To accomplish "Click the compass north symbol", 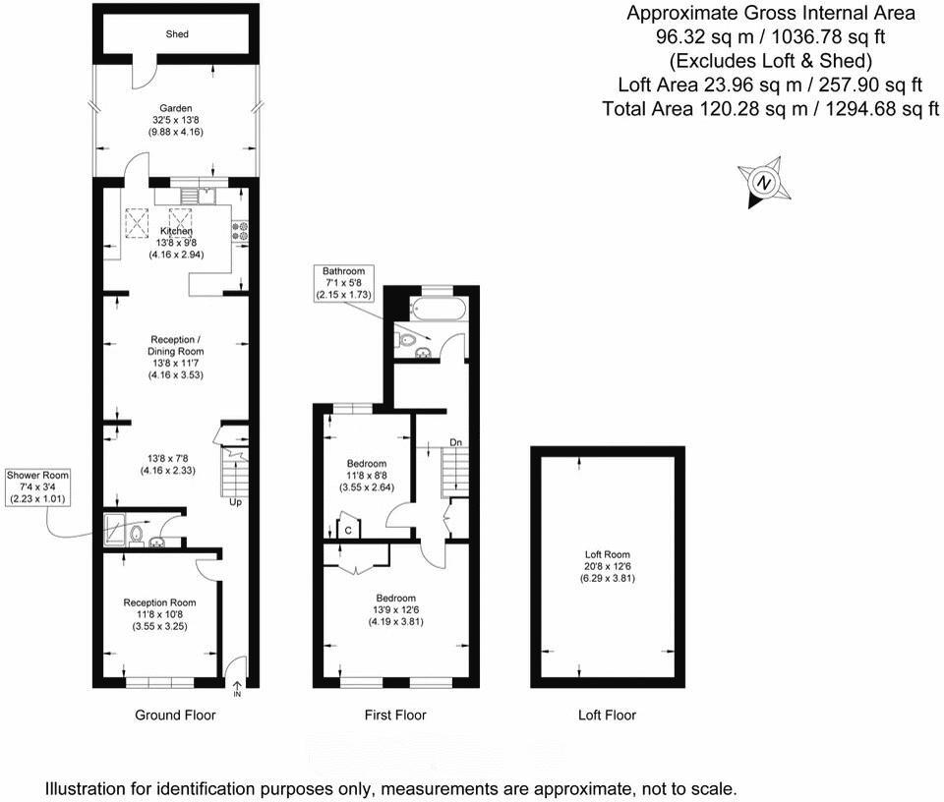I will click(x=763, y=183).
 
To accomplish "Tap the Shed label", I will click(x=176, y=34).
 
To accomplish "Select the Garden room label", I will click(x=176, y=108).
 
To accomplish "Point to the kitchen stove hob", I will click(x=238, y=231).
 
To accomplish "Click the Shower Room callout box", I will click(x=34, y=486).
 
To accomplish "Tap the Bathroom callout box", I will click(x=341, y=283).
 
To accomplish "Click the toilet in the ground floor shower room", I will click(x=138, y=536).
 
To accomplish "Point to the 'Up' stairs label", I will click(x=236, y=503).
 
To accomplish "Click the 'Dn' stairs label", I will click(x=455, y=443).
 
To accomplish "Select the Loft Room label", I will click(x=607, y=566).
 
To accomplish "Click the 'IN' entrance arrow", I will click(x=237, y=690).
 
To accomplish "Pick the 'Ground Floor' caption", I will click(x=175, y=716).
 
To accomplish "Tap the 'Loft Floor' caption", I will click(x=607, y=716).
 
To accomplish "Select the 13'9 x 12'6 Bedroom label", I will click(x=395, y=609).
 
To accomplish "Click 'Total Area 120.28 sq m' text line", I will click(x=771, y=107).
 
